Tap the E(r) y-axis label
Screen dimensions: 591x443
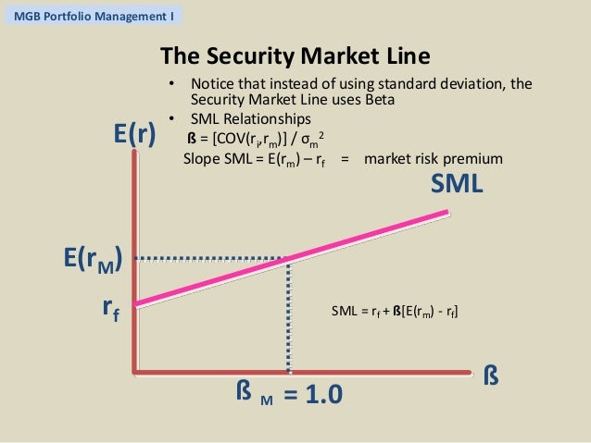[x=134, y=135]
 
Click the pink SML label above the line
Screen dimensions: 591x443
[x=457, y=184]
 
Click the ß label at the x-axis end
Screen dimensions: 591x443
[x=493, y=377]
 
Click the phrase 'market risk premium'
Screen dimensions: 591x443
[x=434, y=158]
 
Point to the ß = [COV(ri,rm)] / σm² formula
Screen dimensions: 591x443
[x=256, y=139]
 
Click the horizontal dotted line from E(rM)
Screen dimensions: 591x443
[x=213, y=257]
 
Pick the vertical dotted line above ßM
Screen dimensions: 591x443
[x=290, y=314]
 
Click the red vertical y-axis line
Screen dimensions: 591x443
[x=136, y=259]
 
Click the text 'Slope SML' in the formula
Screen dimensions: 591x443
[x=218, y=158]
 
